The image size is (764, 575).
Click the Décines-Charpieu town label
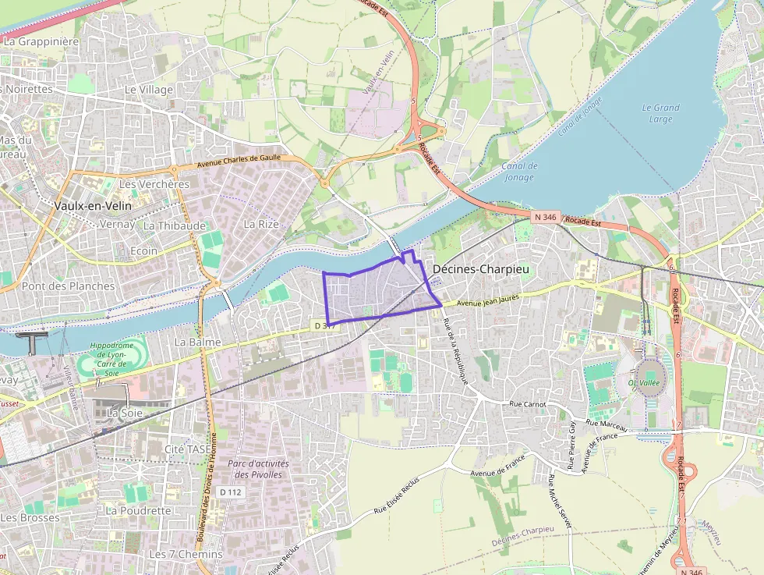click(x=481, y=268)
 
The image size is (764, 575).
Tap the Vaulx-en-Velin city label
click(x=94, y=205)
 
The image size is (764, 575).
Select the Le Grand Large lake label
click(x=660, y=113)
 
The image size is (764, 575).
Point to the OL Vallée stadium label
click(x=645, y=382)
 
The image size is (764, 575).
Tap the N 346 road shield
click(x=546, y=215)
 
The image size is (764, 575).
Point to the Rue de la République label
click(x=455, y=350)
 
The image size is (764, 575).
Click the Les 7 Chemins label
click(x=185, y=554)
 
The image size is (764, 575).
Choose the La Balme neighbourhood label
click(x=198, y=342)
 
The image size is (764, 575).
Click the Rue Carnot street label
click(x=527, y=404)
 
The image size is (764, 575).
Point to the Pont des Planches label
click(x=68, y=286)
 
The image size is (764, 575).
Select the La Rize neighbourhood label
click(x=261, y=223)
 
